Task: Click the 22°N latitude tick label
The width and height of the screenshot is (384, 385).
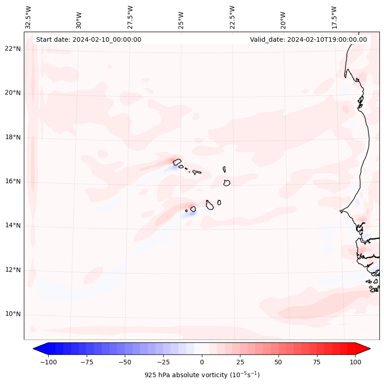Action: coord(13,49)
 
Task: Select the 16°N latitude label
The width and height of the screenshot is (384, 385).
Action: coord(13,182)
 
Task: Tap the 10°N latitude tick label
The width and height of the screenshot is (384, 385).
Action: coord(13,314)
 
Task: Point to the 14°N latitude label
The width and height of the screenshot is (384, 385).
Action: coord(13,226)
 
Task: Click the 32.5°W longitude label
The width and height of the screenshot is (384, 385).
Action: coord(28,17)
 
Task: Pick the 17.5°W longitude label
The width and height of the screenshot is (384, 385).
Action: coord(334,17)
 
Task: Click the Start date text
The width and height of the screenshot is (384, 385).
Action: coord(89,39)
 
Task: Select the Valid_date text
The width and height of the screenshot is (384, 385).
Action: coord(308,39)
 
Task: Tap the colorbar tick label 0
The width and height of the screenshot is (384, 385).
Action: coord(202,362)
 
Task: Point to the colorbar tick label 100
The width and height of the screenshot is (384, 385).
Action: coord(355,362)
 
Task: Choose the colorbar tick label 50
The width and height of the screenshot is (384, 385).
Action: coord(278,362)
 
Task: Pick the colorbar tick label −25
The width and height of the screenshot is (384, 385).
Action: coord(163,362)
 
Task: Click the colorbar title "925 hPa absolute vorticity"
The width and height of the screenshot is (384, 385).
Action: coord(202,375)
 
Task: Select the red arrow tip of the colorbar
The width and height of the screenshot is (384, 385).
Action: coord(367,348)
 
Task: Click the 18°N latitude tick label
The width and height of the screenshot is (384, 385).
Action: coord(13,138)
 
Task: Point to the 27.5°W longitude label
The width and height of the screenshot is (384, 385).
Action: coord(130,17)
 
